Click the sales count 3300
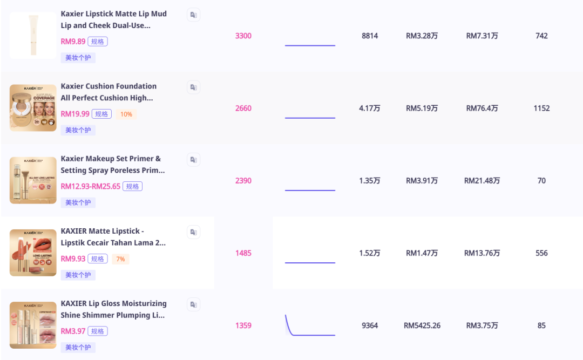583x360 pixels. pos(243,36)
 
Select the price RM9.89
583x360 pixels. pos(73,42)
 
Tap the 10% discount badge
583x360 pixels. pos(126,114)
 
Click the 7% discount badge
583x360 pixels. pos(120,259)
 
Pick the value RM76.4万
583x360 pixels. pos(482,108)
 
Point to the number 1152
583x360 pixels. pos(541,108)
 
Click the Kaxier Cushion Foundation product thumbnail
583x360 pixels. pos(33,108)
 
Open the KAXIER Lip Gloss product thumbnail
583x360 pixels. pos(33,325)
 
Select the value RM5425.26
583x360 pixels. pos(422,325)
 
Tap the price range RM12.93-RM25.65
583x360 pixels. pos(91,186)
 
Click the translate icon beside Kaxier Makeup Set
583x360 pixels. pos(193,160)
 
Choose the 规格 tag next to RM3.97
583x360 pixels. pos(98,331)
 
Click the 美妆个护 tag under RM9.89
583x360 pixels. pos(78,58)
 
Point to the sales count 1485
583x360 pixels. pos(243,253)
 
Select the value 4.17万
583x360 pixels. pos(370,108)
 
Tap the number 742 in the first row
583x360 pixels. pos(541,36)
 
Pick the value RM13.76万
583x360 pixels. pos(482,253)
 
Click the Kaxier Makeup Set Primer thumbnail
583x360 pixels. pos(33,180)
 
